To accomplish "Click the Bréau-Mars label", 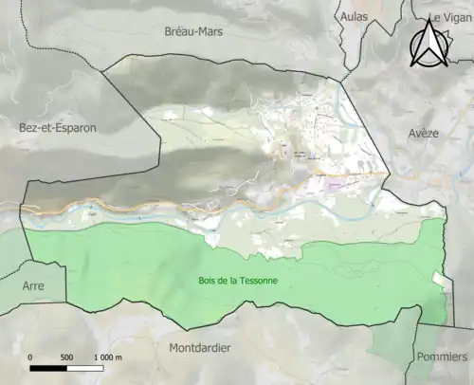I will coord(192,30).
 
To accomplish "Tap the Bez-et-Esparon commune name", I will coord(57,126).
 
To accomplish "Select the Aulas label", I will coord(355,16).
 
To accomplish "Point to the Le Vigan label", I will coord(449,17).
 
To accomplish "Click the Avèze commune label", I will coord(424,134).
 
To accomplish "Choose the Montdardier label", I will coord(199,348).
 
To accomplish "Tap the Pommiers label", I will coord(441,357).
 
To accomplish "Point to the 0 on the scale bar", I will coord(31,357).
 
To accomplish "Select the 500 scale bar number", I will coord(66,357).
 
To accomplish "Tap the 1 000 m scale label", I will coord(111,357).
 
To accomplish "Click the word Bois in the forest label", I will coord(209,281).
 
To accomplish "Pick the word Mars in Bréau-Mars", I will coord(211,30).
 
